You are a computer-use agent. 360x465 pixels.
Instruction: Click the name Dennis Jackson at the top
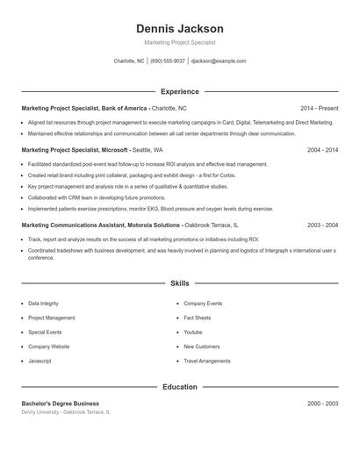click(x=180, y=29)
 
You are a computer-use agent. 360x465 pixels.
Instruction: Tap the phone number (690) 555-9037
click(x=168, y=61)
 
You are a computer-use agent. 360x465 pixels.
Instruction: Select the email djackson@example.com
click(x=219, y=61)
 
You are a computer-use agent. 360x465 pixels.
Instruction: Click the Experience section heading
click(x=180, y=91)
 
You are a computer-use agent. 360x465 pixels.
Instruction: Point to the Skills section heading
click(x=180, y=284)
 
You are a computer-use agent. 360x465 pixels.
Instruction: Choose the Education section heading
click(x=180, y=387)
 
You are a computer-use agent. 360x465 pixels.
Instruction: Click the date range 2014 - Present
click(x=319, y=108)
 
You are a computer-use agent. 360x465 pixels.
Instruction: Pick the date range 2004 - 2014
click(x=322, y=150)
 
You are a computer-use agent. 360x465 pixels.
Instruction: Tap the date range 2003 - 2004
click(x=322, y=225)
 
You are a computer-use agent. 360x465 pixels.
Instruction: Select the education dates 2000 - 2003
click(x=322, y=404)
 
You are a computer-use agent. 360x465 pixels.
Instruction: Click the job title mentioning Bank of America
click(x=84, y=108)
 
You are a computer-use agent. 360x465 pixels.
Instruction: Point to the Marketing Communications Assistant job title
click(x=102, y=225)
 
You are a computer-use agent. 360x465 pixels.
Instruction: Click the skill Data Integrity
click(x=44, y=304)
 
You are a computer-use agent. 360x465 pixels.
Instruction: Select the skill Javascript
click(x=40, y=361)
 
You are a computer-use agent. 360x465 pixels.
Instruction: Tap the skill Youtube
click(x=193, y=333)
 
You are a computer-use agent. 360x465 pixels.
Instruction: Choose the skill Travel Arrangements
click(x=207, y=361)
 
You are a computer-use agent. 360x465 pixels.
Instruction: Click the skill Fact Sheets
click(x=198, y=318)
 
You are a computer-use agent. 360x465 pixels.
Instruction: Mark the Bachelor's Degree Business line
click(x=61, y=404)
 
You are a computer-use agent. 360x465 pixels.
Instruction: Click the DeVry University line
click(x=66, y=411)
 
